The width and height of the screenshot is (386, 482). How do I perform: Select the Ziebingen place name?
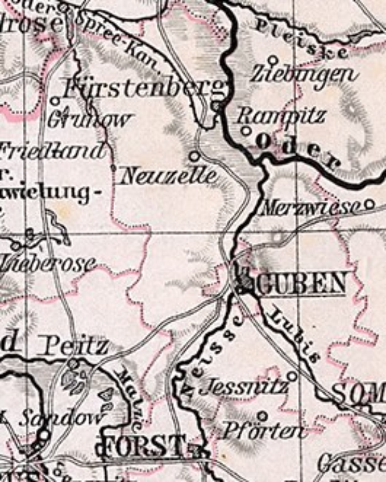click(x=304, y=75)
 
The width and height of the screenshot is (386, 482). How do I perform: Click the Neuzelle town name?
click(x=169, y=176)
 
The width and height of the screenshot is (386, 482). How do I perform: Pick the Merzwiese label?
click(x=310, y=208)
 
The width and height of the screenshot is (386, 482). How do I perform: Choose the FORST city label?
click(x=143, y=445)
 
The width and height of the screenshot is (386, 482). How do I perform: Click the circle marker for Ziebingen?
click(x=273, y=60)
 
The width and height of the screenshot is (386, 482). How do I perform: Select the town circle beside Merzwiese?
click(x=369, y=203)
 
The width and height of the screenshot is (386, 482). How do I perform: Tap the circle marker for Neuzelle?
click(x=195, y=156)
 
